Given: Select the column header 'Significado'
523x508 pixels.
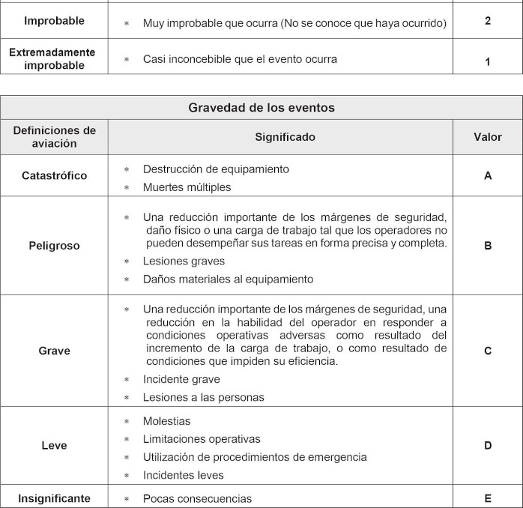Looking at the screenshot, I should pyautogui.click(x=285, y=137).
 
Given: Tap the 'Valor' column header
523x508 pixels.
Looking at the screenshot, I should pyautogui.click(x=488, y=137).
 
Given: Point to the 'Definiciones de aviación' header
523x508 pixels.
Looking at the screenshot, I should pyautogui.click(x=54, y=137).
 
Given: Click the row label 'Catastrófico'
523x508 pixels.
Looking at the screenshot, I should pyautogui.click(x=54, y=176).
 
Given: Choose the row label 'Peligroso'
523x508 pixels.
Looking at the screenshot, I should pyautogui.click(x=54, y=246).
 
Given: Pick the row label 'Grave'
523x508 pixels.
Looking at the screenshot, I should pyautogui.click(x=54, y=351).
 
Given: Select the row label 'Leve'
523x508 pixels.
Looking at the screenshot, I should pyautogui.click(x=54, y=446).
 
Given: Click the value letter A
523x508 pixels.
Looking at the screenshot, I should pyautogui.click(x=488, y=176).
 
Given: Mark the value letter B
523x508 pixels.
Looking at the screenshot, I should pyautogui.click(x=488, y=246).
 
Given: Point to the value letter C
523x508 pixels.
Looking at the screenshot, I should pyautogui.click(x=488, y=351).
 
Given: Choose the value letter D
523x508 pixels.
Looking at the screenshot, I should pyautogui.click(x=488, y=446).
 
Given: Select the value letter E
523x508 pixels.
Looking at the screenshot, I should pyautogui.click(x=488, y=498).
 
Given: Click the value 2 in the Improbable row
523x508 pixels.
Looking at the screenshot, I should pyautogui.click(x=488, y=21).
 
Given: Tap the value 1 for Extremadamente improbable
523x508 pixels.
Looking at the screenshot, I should pyautogui.click(x=488, y=62).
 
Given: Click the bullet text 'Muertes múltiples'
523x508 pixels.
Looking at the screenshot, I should pyautogui.click(x=187, y=187).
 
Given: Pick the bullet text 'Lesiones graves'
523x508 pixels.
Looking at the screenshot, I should pyautogui.click(x=184, y=261).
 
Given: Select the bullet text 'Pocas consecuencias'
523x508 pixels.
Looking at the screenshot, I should pyautogui.click(x=197, y=499).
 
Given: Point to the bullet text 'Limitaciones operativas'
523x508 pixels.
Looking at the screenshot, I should pyautogui.click(x=202, y=439).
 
